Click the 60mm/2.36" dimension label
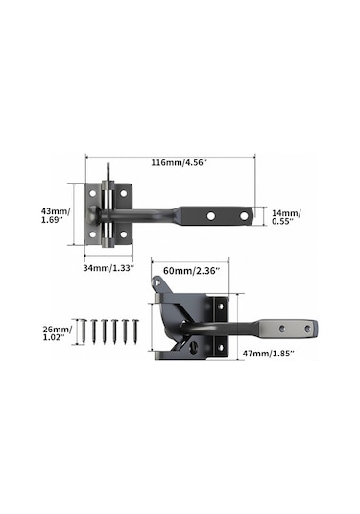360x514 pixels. (191, 272)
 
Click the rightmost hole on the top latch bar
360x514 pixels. (244, 217)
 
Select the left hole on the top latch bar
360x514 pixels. (212, 217)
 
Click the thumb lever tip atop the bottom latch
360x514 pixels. (156, 281)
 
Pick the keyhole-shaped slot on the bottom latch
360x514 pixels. (200, 344)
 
